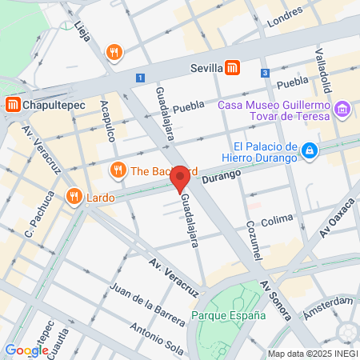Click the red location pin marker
181,179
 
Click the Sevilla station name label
206,69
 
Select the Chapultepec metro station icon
12,104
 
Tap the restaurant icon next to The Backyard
118,170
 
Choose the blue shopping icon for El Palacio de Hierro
309,149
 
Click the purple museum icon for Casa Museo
342,108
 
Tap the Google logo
26,350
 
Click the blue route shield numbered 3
265,73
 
